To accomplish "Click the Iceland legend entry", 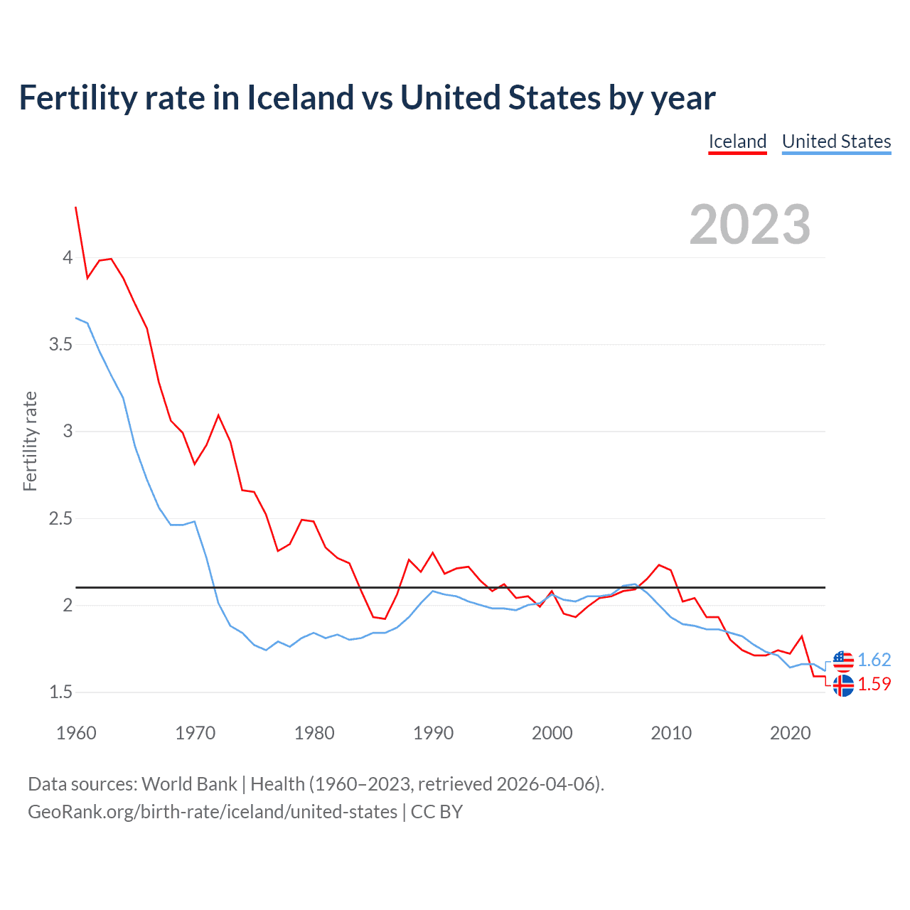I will [x=737, y=141].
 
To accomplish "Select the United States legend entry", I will [x=836, y=141].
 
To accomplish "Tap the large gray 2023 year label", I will [x=749, y=225].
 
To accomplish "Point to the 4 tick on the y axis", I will [x=68, y=257].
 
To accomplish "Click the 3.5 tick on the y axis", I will [x=61, y=345].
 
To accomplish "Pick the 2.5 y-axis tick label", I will [x=61, y=519].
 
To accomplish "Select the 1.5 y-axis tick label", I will [x=61, y=692].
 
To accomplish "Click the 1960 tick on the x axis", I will [x=76, y=733].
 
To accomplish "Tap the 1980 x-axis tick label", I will [x=314, y=733].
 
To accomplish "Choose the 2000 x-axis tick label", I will [x=552, y=733].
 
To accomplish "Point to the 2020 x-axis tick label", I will [x=790, y=733].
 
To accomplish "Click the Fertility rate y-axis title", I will [x=30, y=441].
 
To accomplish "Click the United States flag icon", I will [x=843, y=660].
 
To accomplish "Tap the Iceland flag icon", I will [x=843, y=685].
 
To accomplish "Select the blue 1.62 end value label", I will [x=874, y=660].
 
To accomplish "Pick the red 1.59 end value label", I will [x=874, y=684].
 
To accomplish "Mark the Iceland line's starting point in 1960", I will [x=76, y=207].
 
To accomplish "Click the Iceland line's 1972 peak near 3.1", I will [x=218, y=415].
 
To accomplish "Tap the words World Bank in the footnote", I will [x=189, y=784].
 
